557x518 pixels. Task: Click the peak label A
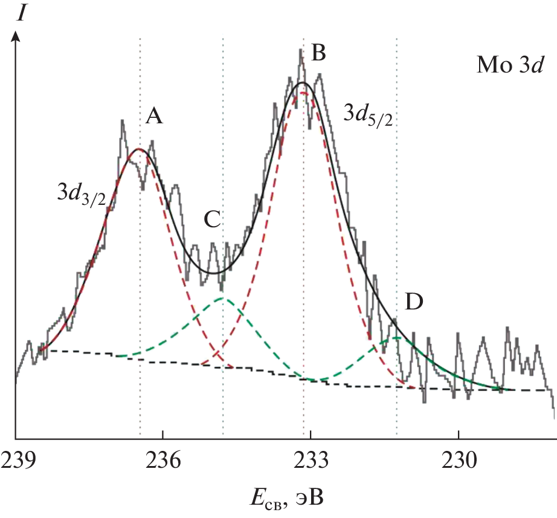pyautogui.click(x=155, y=117)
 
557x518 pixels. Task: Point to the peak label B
pyautogui.click(x=318, y=53)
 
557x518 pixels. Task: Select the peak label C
pyautogui.click(x=212, y=221)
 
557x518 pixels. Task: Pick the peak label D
pyautogui.click(x=414, y=302)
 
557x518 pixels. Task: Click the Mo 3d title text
pyautogui.click(x=510, y=65)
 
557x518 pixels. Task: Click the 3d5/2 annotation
pyautogui.click(x=368, y=112)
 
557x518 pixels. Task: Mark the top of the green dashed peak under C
pyautogui.click(x=223, y=298)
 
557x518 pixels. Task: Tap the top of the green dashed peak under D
pyautogui.click(x=396, y=337)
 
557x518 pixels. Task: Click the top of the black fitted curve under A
pyautogui.click(x=140, y=149)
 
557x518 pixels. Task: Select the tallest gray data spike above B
pyautogui.click(x=300, y=50)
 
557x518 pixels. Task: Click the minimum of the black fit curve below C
pyautogui.click(x=214, y=273)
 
